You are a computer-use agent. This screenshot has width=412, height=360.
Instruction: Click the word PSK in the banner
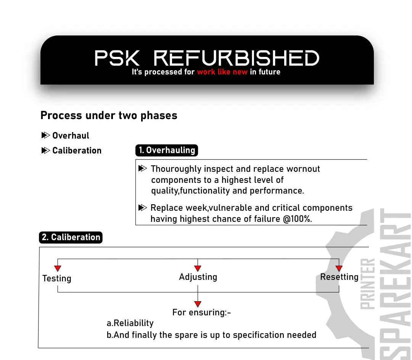[117, 58]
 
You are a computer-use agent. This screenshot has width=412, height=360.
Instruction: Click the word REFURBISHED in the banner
[236, 58]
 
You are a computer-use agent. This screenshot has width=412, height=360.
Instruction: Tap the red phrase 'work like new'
[222, 72]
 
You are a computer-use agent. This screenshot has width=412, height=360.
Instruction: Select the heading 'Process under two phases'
[109, 115]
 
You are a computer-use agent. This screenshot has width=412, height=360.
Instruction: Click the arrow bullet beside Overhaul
[45, 135]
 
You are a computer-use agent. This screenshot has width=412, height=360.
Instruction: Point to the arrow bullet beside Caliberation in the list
[45, 150]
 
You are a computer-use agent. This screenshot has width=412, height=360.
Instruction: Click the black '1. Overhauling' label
[167, 150]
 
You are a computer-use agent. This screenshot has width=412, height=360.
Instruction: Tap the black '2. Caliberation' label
[71, 237]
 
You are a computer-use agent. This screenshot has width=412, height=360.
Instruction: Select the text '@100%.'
[298, 219]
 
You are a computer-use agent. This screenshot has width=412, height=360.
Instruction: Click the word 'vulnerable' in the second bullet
[230, 208]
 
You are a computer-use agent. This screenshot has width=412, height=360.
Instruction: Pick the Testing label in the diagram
[57, 278]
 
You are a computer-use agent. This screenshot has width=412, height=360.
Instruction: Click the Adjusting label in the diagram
[198, 277]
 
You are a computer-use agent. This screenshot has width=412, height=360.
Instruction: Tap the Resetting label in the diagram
[339, 277]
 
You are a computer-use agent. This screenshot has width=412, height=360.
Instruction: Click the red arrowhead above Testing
[58, 268]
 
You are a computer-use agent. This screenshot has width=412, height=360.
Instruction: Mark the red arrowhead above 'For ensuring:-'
[198, 304]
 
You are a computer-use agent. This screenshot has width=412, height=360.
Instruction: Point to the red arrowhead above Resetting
[339, 268]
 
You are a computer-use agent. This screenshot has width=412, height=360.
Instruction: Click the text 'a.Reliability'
[130, 323]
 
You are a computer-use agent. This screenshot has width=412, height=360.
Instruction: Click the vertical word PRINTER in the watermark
[367, 284]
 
